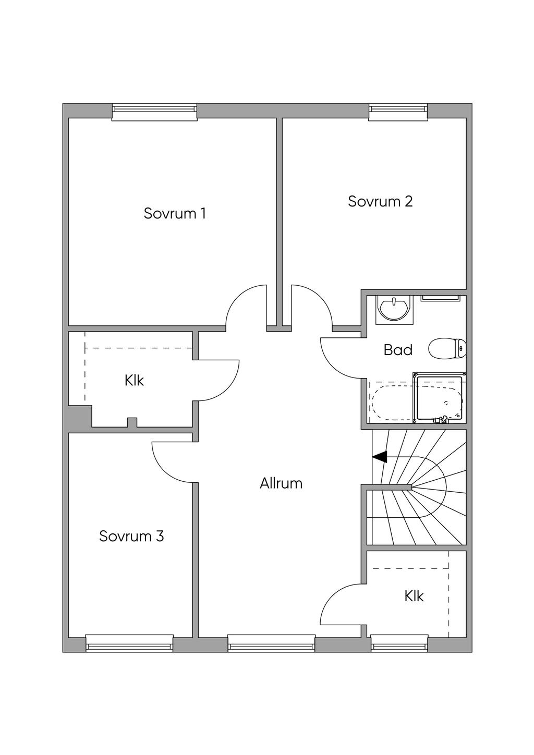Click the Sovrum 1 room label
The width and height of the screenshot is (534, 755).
[x=175, y=213]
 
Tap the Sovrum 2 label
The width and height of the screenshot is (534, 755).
[x=380, y=201]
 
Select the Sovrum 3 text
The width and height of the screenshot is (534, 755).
[x=131, y=536]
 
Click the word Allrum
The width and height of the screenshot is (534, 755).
[x=281, y=483]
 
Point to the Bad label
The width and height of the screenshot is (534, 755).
[x=398, y=350]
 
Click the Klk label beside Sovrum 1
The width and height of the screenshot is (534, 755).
[x=134, y=381]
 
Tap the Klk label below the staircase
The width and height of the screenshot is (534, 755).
[x=414, y=596]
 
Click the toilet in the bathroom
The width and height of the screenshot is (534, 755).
[x=447, y=349]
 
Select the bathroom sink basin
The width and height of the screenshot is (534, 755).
[x=394, y=309]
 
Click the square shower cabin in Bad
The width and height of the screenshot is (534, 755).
[x=439, y=398]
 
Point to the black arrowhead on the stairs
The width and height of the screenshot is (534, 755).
[x=380, y=457]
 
